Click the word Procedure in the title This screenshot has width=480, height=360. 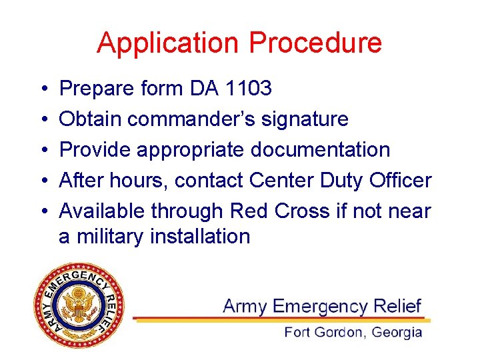click(x=315, y=43)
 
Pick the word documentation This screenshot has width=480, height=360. click(x=320, y=150)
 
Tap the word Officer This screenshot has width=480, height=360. click(x=396, y=180)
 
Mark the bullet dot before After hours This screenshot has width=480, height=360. click(x=43, y=181)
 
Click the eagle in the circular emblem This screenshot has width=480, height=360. click(x=79, y=307)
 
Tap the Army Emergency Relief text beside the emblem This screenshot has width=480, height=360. click(x=322, y=306)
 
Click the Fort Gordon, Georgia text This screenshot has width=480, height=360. click(x=353, y=332)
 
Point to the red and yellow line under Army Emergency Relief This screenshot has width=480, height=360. click(x=280, y=319)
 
